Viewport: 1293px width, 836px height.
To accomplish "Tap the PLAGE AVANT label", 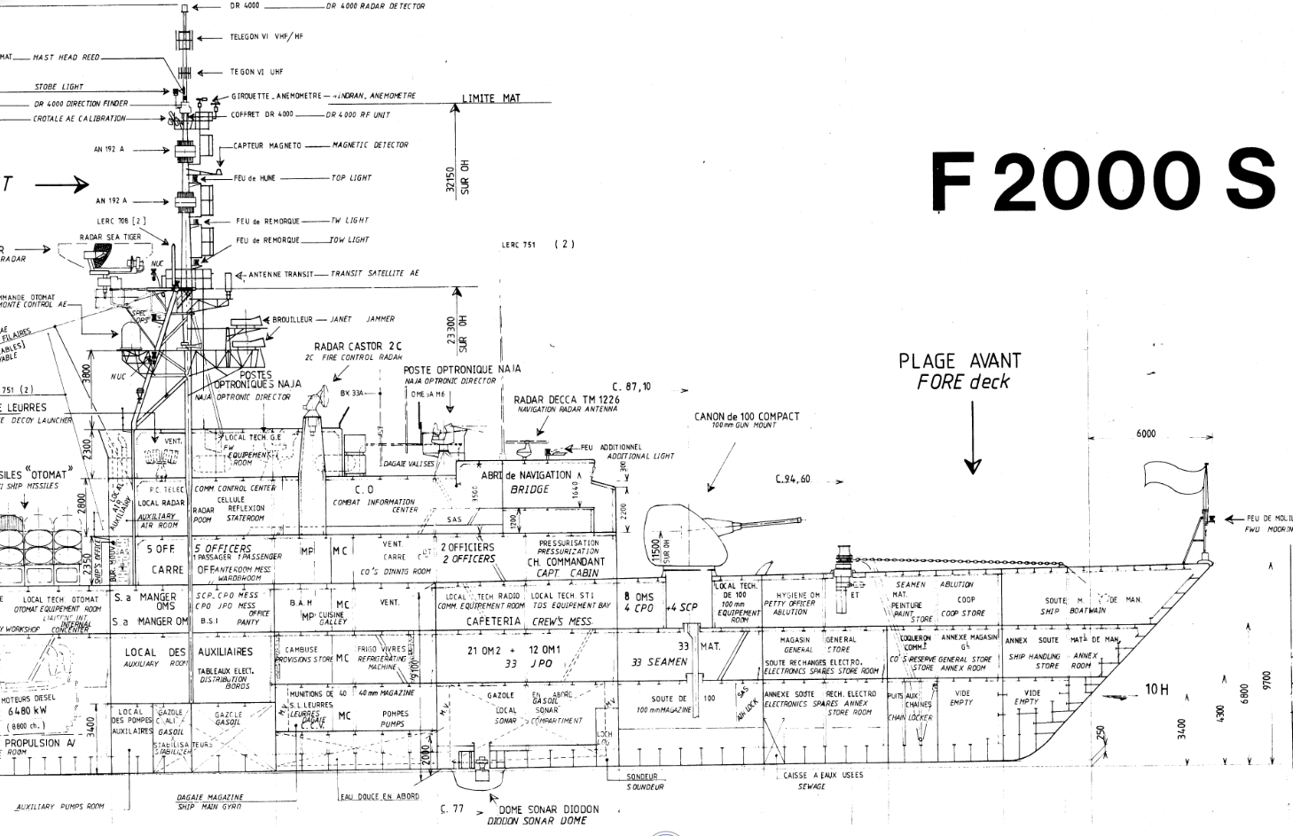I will tap(960, 361).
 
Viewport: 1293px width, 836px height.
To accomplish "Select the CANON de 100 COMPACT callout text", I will tap(747, 417).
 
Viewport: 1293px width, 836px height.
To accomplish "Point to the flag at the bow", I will tap(1172, 475).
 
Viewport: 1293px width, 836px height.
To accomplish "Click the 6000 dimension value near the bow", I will tap(1146, 434).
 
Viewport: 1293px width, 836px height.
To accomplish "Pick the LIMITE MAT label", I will tap(491, 98).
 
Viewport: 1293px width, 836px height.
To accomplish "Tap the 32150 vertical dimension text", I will tap(450, 178).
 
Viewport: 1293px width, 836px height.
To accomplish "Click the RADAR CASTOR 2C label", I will tap(358, 347).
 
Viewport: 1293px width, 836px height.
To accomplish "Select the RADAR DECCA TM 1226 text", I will tap(568, 400).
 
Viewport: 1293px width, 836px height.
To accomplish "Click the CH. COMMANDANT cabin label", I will tap(566, 561).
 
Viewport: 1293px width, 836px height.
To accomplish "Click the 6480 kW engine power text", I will tap(27, 710).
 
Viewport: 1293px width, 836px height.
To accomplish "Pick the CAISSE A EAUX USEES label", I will tap(823, 775).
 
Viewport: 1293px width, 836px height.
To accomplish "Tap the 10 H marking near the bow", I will tap(1156, 689).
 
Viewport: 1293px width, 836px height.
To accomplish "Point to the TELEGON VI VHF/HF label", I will tap(266, 37).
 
